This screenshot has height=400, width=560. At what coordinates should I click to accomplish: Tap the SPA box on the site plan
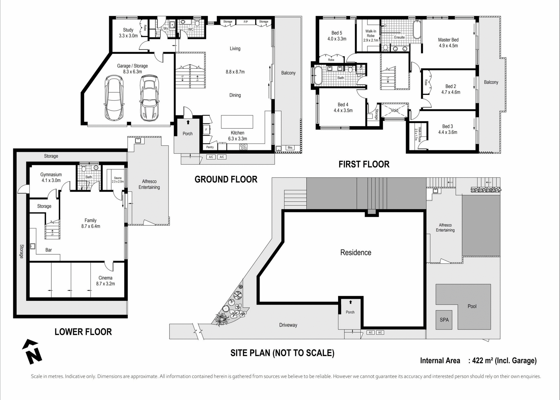(x=444, y=320)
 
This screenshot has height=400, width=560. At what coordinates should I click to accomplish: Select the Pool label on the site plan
(x=472, y=306)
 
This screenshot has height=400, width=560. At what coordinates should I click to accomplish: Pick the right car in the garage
(x=150, y=98)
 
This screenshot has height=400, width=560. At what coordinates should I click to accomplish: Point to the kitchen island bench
(x=237, y=122)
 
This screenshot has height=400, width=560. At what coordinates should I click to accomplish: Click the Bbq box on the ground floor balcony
(x=290, y=148)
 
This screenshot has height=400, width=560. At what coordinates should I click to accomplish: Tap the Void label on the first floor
(x=394, y=110)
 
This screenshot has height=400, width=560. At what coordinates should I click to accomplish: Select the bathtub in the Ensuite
(x=417, y=29)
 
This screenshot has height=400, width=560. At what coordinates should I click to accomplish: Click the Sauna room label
(x=118, y=178)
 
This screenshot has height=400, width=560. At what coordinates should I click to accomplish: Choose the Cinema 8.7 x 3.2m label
(x=105, y=281)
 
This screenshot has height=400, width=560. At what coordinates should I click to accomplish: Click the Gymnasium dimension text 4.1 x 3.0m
(x=51, y=180)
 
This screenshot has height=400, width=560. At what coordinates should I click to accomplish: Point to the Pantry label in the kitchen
(x=210, y=147)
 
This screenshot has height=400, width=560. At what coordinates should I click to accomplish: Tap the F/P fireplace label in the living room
(x=246, y=22)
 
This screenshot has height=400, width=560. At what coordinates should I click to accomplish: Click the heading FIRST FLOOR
(x=364, y=164)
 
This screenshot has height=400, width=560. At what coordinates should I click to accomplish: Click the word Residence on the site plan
(x=356, y=253)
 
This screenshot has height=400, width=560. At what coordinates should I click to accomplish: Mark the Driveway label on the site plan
(x=288, y=325)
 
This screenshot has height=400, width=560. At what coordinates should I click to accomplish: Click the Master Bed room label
(x=448, y=40)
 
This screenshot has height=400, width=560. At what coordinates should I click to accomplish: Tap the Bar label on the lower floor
(x=48, y=250)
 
